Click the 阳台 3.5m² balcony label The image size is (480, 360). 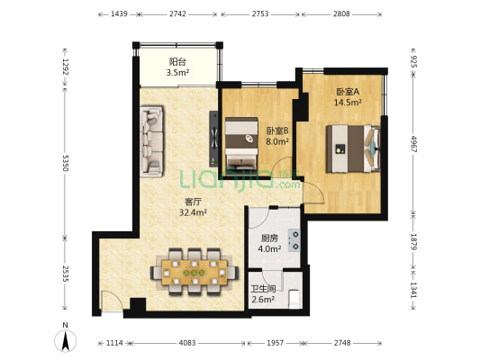point(178,67)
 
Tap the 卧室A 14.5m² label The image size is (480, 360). point(348,97)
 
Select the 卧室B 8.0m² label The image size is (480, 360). point(276,136)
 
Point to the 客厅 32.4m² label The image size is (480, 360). point(193,208)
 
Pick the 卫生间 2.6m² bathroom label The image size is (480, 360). point(263,293)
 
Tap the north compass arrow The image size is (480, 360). point(65,340)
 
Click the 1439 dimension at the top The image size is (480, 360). point(120,15)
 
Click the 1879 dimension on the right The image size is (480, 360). point(413,242)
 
